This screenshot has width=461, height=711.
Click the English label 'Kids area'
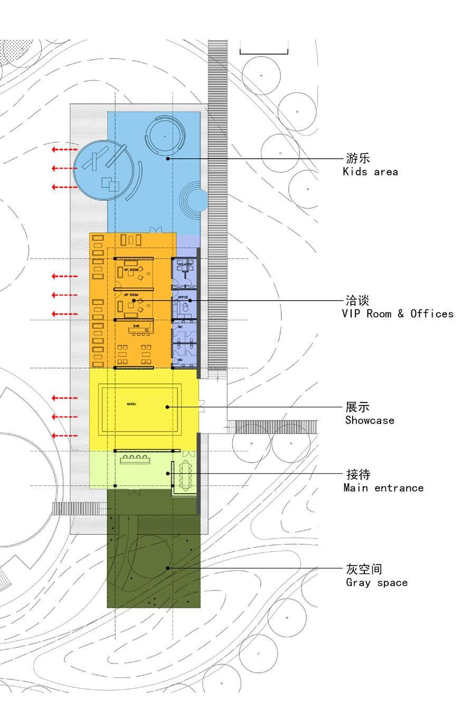[x=370, y=172]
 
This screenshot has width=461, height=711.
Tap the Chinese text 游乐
[x=357, y=158]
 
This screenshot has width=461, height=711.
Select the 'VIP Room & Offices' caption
[x=397, y=314]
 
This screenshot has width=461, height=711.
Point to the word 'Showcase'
[x=370, y=420]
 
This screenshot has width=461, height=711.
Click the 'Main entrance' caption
[x=383, y=488]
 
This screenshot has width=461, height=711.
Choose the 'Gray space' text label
[x=377, y=583]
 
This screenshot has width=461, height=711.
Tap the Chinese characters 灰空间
[x=364, y=569]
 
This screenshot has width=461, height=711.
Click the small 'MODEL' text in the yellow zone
[x=131, y=404]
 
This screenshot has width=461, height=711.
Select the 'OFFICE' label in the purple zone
[x=183, y=297]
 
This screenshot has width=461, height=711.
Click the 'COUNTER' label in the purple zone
[x=185, y=264]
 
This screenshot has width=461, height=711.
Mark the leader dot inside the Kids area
[x=168, y=158]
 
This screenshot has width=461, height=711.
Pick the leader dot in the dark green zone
[x=168, y=568]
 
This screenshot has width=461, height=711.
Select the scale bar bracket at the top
[x=264, y=51]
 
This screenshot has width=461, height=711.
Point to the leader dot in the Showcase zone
[x=167, y=407]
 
